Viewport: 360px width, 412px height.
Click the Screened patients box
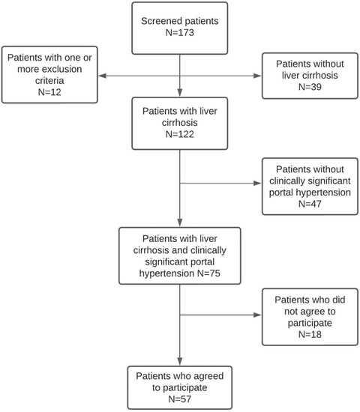point(180,28)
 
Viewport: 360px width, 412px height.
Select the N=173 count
point(180,34)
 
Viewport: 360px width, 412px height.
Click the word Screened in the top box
point(162,22)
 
